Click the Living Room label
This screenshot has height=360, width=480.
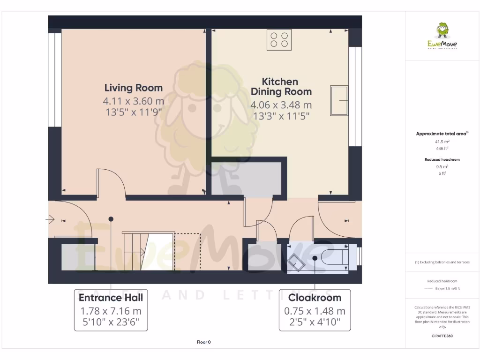[134, 88]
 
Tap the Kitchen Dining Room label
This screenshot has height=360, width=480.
[280, 86]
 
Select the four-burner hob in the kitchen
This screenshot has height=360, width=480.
[279, 39]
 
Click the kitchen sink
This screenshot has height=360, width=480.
[339, 100]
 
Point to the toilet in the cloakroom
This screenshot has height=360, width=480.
[334, 257]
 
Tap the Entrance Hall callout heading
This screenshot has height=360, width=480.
[111, 298]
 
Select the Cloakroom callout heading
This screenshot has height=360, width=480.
[315, 298]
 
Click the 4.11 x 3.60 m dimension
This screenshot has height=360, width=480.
[134, 101]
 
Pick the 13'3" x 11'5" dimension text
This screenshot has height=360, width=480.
[281, 116]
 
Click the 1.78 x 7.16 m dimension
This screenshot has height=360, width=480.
[111, 311]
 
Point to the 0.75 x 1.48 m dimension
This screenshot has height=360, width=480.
[315, 311]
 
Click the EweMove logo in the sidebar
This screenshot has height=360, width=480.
[442, 36]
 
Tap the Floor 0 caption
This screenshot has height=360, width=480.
[203, 342]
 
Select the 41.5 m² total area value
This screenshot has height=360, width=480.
[442, 141]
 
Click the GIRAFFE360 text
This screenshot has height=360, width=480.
[442, 336]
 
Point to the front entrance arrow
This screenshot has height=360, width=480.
[50, 219]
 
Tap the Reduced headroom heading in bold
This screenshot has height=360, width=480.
[442, 159]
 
